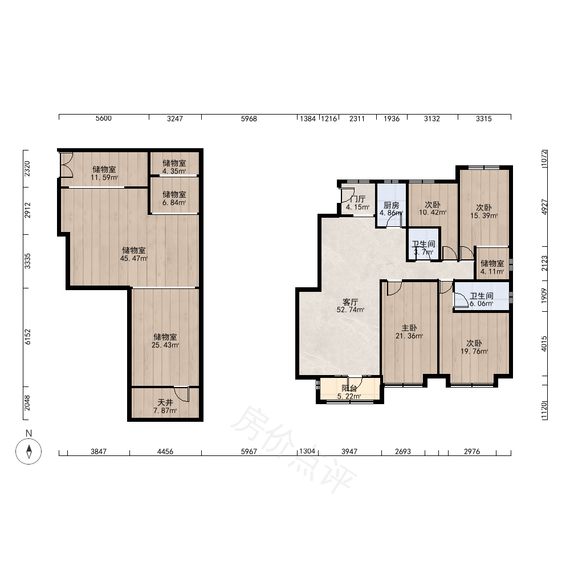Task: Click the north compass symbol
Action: [28, 451]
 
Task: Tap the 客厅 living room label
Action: [351, 302]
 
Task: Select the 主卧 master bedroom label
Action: [409, 328]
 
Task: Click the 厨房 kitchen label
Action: [391, 205]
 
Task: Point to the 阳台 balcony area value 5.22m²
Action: [349, 397]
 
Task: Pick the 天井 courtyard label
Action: [165, 402]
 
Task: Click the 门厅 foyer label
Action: [358, 199]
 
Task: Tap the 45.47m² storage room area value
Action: [134, 259]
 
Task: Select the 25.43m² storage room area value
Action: [165, 345]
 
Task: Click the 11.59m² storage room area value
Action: [104, 178]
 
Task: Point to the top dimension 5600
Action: [104, 119]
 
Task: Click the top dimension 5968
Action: [249, 119]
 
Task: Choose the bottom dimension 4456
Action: [165, 451]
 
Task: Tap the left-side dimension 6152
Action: [27, 337]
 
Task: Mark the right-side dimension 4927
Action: [544, 207]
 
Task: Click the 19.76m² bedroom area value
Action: [474, 352]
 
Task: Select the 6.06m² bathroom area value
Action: [481, 304]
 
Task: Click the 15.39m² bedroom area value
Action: [484, 216]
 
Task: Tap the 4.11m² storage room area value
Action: [492, 272]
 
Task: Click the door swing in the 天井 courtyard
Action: [181, 394]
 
